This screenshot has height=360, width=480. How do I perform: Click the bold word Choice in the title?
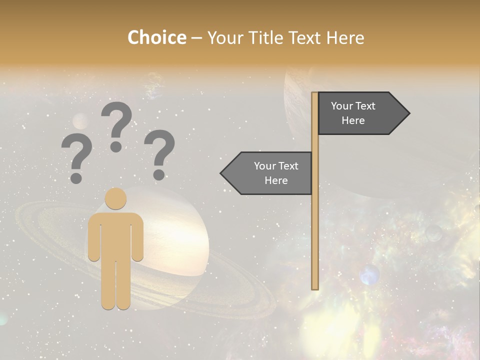coord(156,37)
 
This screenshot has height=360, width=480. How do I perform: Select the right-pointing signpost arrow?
coord(362,113)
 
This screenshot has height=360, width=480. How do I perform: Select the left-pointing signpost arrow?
coord(267,173)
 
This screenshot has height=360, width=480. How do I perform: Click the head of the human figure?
coord(115,198)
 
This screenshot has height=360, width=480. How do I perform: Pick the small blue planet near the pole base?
coord(369,275)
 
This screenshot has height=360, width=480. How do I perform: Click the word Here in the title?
coord(345,37)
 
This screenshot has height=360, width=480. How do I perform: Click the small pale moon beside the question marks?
coord(80,120)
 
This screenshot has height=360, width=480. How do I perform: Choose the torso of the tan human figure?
coord(115,235)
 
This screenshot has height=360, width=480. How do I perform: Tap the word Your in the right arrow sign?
coord(342,106)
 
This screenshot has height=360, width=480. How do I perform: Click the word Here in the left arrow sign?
coord(276,180)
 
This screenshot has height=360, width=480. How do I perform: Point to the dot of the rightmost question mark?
coord(159,174)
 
